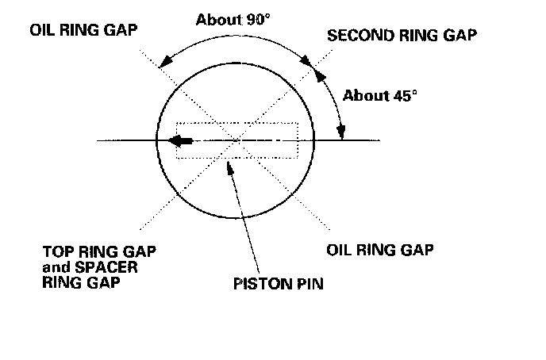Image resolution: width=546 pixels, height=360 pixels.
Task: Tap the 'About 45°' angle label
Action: coord(380,96)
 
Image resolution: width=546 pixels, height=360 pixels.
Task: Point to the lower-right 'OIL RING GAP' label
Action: coord(380,250)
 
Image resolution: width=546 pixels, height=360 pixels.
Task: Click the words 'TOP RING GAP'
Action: coord(99,251)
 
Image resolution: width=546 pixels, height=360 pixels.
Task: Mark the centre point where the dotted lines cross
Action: coord(238,141)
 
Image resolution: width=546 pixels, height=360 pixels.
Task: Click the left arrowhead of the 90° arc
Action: coord(163,63)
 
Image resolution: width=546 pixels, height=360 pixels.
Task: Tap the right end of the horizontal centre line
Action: coord(380,141)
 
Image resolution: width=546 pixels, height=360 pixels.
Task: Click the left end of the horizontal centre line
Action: coord(97,141)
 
